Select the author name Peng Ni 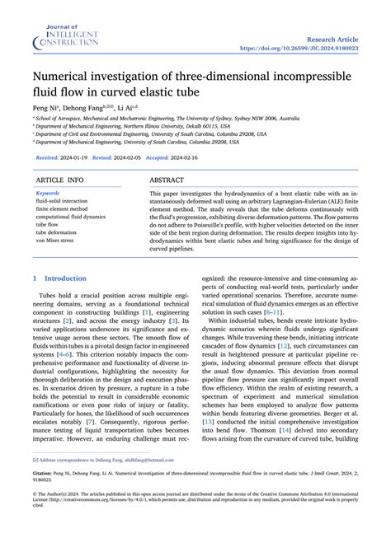coord(46,108)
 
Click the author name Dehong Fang coord(89,108)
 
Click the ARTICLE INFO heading coord(59,179)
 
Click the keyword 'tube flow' coord(48,224)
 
